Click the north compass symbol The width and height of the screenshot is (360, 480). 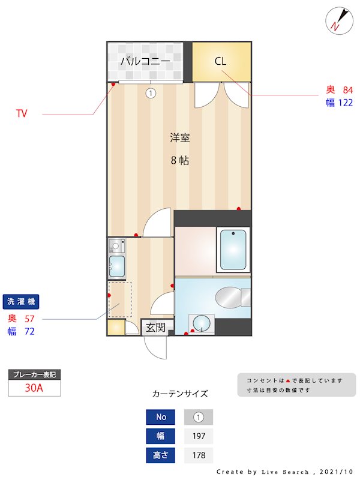[336, 20]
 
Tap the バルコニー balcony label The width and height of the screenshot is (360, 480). [145, 61]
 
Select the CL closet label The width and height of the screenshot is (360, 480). [220, 61]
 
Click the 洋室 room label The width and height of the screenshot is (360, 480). [179, 137]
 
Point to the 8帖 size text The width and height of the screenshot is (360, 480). [179, 160]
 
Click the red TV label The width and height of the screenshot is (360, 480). [22, 113]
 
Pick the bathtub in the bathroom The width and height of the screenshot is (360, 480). [233, 250]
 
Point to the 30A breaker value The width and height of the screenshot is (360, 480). [34, 388]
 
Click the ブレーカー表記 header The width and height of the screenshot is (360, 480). [34, 375]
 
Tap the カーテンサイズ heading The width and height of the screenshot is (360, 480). [180, 394]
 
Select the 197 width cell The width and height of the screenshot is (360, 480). [199, 436]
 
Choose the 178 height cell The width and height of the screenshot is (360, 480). [199, 455]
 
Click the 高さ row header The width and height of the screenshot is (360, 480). [161, 455]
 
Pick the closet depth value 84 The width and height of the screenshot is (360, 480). [347, 90]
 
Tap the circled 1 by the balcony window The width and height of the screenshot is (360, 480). [151, 93]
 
